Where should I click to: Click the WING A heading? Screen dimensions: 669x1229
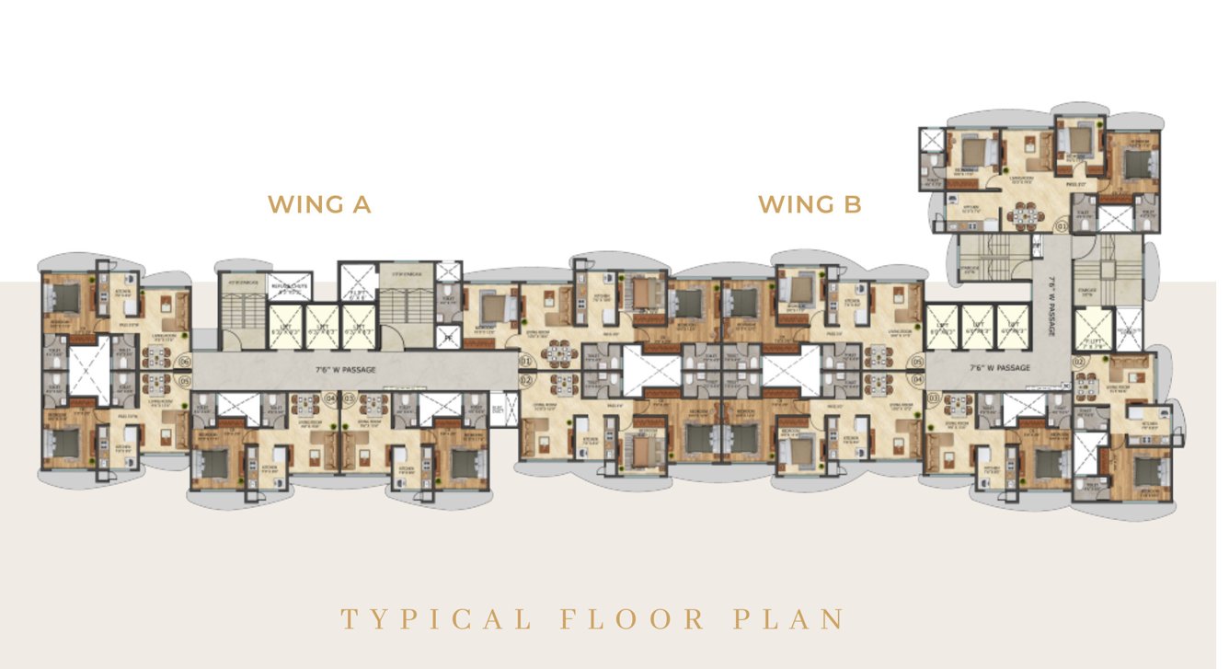pyautogui.click(x=318, y=204)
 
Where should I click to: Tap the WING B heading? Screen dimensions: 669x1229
pyautogui.click(x=810, y=204)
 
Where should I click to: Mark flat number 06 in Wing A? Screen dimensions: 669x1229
pyautogui.click(x=184, y=363)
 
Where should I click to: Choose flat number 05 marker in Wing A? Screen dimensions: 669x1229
pyautogui.click(x=184, y=381)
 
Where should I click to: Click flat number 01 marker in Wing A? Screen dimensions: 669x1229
pyautogui.click(x=527, y=363)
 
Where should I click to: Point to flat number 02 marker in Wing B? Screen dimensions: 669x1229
pyautogui.click(x=1079, y=363)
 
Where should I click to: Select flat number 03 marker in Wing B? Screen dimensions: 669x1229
pyautogui.click(x=934, y=398)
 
